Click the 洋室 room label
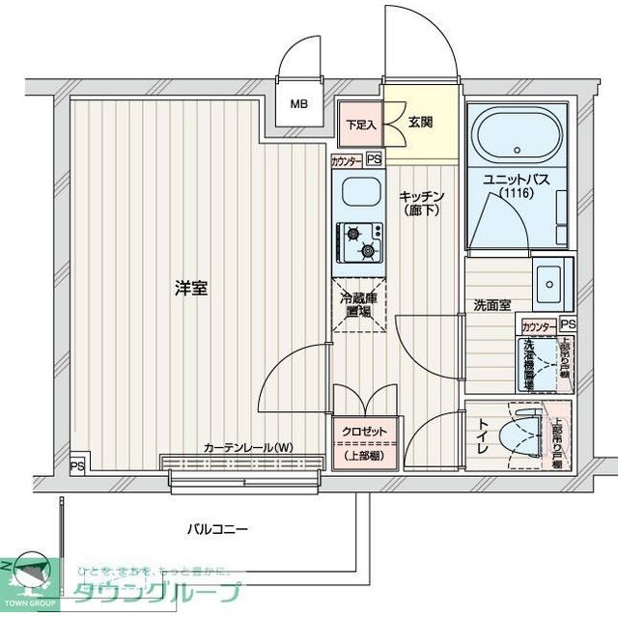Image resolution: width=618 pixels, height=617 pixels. (x=191, y=287)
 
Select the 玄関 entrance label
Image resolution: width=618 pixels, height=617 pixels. (x=420, y=122)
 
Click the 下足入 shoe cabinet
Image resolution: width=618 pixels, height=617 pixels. (x=361, y=124)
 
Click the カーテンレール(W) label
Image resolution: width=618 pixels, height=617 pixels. (x=248, y=447)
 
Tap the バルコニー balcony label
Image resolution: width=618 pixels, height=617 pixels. (x=217, y=529)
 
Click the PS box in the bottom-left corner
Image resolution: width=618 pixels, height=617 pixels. (x=76, y=465)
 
